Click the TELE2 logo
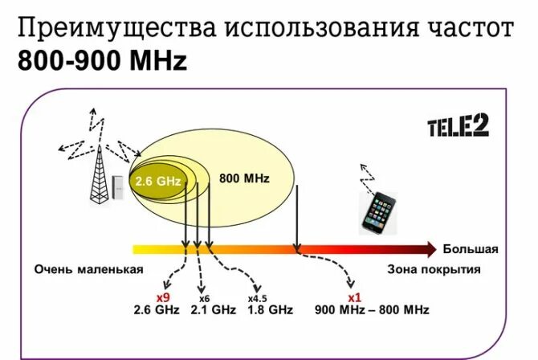pyautogui.click(x=458, y=127)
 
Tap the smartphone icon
pyautogui.click(x=379, y=211)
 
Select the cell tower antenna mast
pyautogui.click(x=99, y=174)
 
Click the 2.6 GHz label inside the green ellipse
pyautogui.click(x=158, y=182)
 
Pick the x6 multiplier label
pyautogui.click(x=204, y=298)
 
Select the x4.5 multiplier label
pyautogui.click(x=257, y=298)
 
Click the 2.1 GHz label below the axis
pyautogui.click(x=213, y=309)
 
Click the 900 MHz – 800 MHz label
pyautogui.click(x=372, y=309)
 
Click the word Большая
pyautogui.click(x=470, y=249)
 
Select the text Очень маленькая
pyautogui.click(x=88, y=269)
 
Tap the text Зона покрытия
pyautogui.click(x=434, y=269)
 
